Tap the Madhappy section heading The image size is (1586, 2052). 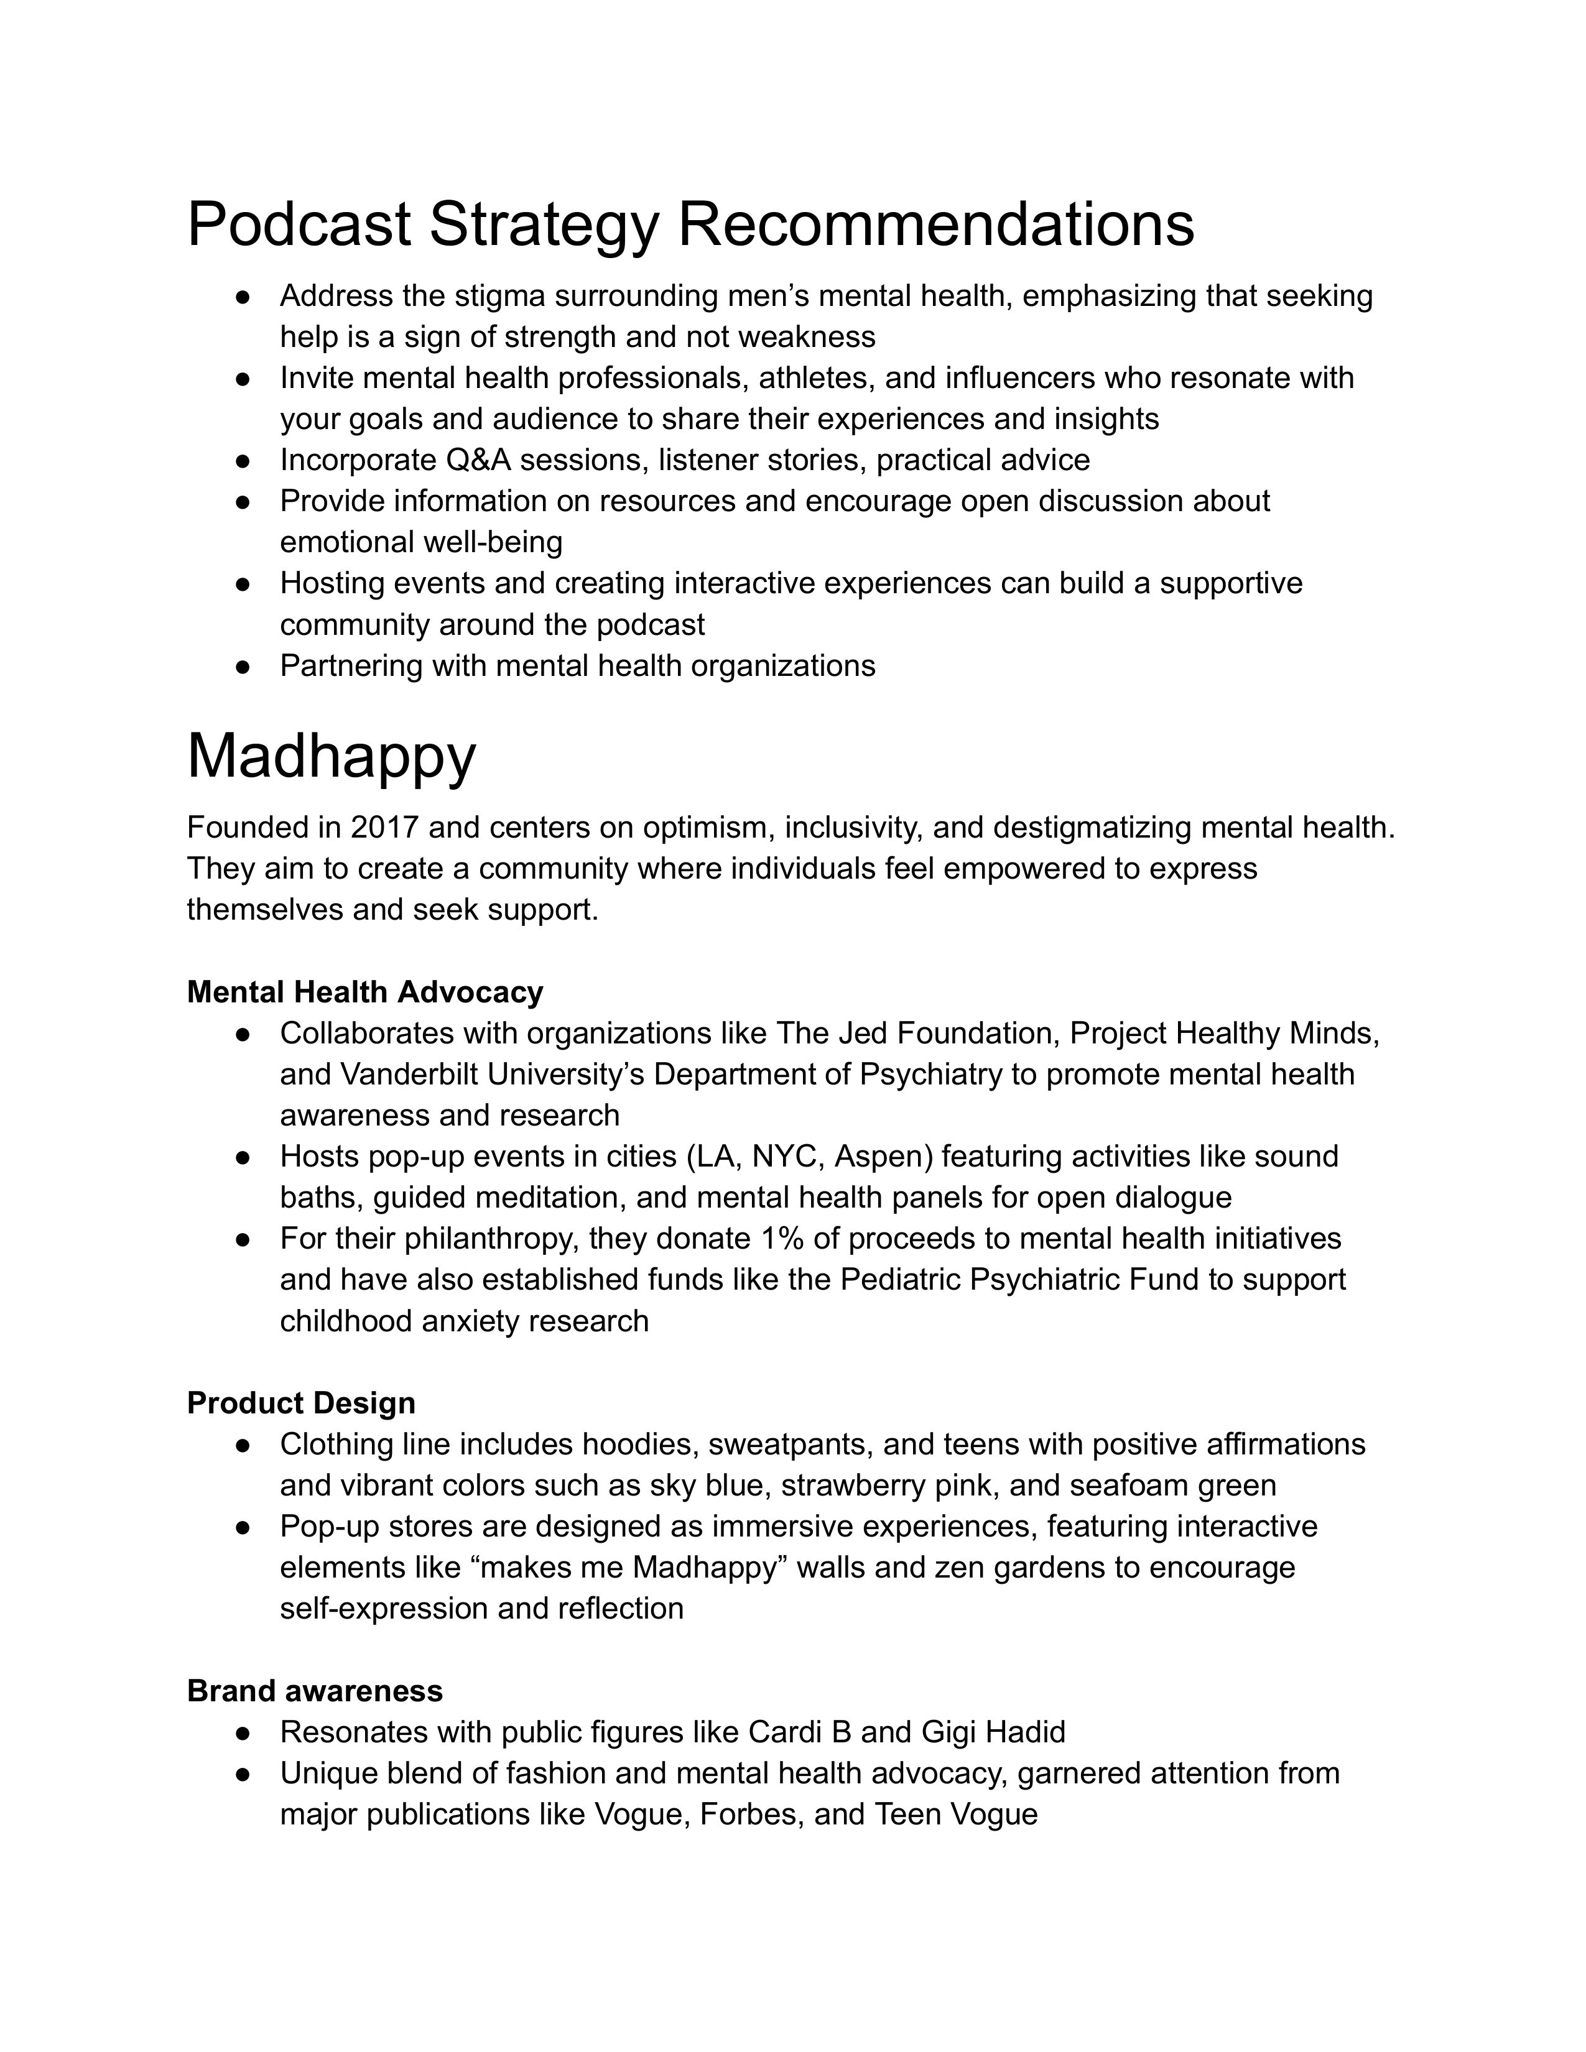[331, 756]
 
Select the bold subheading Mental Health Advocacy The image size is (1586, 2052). [364, 992]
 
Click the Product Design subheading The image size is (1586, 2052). [300, 1403]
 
